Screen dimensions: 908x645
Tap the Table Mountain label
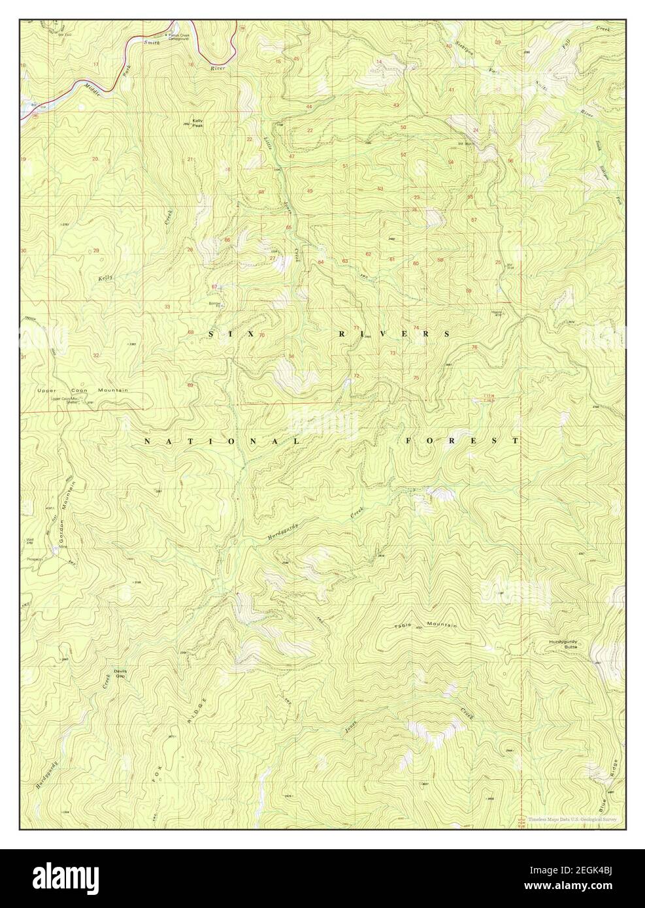pyautogui.click(x=425, y=626)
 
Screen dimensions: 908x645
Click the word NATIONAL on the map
pyautogui.click(x=222, y=442)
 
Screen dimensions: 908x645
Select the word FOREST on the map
pyautogui.click(x=462, y=441)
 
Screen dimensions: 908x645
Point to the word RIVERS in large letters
pyautogui.click(x=393, y=334)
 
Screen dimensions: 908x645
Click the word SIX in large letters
pyautogui.click(x=229, y=334)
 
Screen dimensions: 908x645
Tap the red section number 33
pyautogui.click(x=167, y=306)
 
